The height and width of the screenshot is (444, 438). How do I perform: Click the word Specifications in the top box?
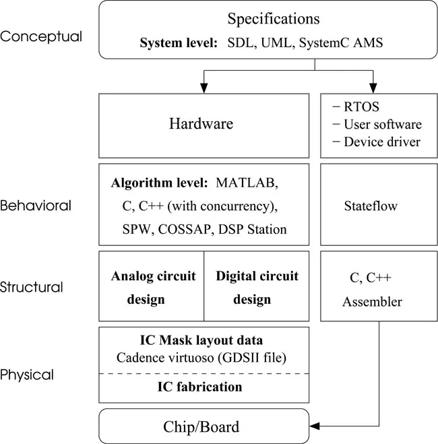273,19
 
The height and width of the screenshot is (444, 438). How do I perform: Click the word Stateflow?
370,206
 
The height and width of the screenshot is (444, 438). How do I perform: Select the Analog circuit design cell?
152,287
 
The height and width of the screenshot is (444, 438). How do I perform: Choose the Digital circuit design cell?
257,287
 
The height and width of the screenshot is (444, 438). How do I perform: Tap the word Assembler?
372,301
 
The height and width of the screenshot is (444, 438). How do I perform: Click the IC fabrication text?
204,387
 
